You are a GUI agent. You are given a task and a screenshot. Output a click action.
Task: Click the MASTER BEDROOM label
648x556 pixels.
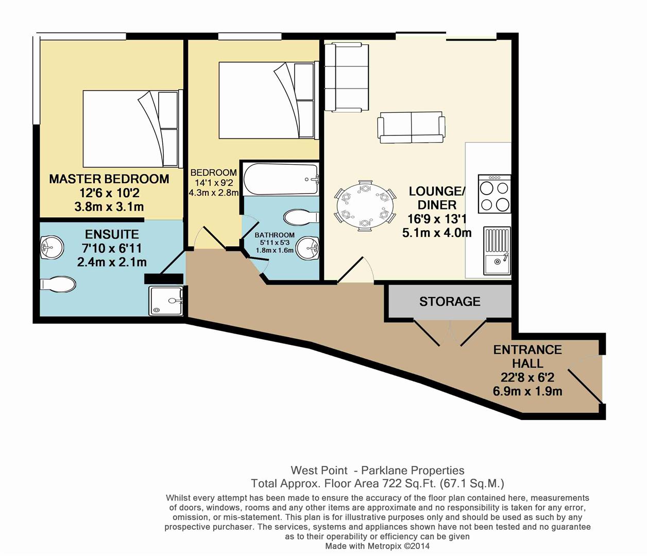click(109, 179)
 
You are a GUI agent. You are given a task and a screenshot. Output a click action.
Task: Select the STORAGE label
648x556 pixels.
click(449, 301)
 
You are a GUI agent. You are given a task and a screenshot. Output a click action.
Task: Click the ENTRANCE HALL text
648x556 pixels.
click(527, 356)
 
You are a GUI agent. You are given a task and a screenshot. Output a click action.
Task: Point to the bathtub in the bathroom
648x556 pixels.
click(281, 179)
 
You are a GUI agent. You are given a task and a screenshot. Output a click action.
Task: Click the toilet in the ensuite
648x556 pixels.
click(58, 284)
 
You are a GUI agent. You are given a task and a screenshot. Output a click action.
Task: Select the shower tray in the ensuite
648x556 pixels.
click(166, 301)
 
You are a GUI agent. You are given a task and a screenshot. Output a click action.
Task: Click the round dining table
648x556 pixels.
click(365, 205)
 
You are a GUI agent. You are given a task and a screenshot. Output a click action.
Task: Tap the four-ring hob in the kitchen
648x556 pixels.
click(494, 194)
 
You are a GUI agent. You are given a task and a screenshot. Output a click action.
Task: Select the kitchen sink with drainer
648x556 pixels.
click(497, 251)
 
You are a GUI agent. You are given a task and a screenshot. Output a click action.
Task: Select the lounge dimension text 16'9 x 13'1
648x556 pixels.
click(436, 219)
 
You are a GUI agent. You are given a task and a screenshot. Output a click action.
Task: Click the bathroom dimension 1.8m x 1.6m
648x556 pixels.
click(275, 251)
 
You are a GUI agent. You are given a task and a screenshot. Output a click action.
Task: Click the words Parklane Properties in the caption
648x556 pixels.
click(412, 470)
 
